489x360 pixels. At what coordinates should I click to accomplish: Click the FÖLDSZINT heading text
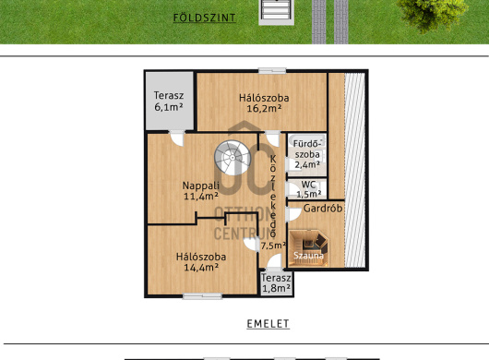click(204, 18)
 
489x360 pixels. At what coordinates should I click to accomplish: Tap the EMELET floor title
click(268, 324)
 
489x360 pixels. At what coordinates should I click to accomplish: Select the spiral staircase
click(233, 158)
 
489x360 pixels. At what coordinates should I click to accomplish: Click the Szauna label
click(308, 256)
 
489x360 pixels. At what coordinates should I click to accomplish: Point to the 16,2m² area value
click(264, 108)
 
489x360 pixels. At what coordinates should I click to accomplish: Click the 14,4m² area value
click(201, 268)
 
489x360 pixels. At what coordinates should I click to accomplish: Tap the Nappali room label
click(201, 186)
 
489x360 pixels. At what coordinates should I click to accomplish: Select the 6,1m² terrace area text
click(169, 107)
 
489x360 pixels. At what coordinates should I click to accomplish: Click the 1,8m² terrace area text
click(276, 288)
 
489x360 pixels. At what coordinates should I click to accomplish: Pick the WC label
click(309, 185)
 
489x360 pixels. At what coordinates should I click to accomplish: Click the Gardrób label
click(323, 208)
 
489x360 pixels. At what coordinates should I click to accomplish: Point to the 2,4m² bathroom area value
click(307, 164)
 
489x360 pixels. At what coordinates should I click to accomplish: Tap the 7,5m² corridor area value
click(273, 246)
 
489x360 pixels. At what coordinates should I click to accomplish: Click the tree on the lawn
click(432, 14)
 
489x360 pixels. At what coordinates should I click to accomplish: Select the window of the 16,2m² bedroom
click(272, 71)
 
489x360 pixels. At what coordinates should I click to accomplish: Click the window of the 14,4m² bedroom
click(202, 296)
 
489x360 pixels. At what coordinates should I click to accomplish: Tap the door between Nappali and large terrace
click(177, 138)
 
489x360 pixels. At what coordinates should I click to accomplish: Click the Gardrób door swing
click(292, 214)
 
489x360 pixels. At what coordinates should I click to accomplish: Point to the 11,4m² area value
click(201, 197)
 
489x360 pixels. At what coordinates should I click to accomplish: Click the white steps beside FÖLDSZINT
click(276, 12)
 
